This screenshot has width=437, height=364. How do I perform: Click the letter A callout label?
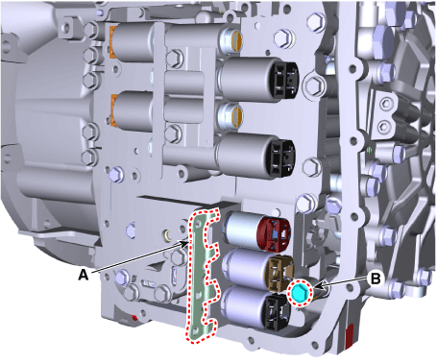[84, 275]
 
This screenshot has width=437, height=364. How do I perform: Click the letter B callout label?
[376, 279]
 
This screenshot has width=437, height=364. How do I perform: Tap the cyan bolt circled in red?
[300, 293]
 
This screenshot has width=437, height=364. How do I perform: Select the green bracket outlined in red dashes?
[202, 276]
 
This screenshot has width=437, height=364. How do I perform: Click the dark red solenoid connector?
[274, 233]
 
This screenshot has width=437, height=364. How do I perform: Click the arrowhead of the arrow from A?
[185, 243]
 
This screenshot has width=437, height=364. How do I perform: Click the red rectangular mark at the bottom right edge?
[349, 335]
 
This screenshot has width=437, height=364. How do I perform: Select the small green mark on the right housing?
[369, 149]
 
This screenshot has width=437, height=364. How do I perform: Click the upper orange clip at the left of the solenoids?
[112, 40]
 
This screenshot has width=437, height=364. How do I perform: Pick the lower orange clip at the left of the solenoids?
[112, 109]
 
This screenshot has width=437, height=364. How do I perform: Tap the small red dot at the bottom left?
[134, 318]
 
